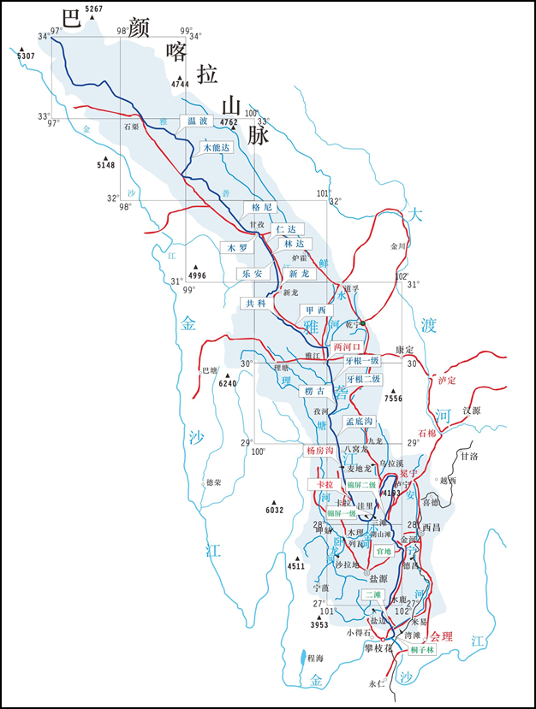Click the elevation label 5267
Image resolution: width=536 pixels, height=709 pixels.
[94, 9]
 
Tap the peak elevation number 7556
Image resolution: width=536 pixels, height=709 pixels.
[394, 399]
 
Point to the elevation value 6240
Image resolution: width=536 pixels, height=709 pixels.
[227, 383]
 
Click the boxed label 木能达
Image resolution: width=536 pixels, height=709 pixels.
[216, 148]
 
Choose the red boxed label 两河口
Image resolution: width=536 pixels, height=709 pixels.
[348, 347]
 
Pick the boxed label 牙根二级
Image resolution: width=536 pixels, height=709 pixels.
[364, 378]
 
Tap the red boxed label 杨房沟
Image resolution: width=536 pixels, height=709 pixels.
[318, 450]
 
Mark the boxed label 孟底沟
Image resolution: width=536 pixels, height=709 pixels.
[360, 422]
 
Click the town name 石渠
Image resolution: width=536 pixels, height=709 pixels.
[131, 127]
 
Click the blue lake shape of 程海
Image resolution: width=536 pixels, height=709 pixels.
[306, 659]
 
